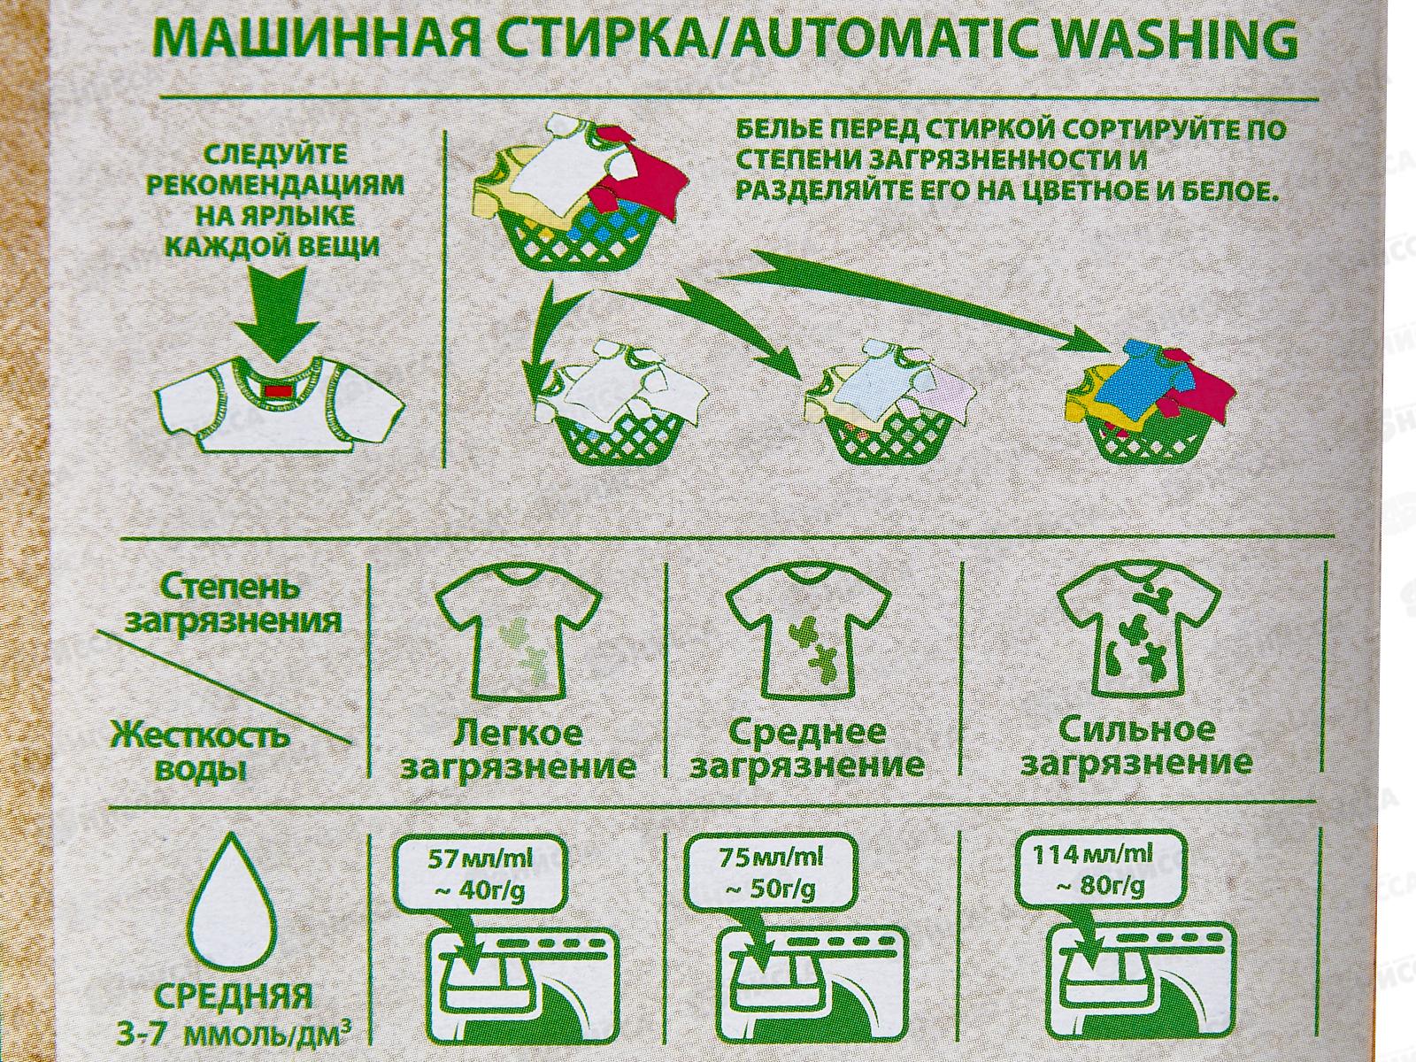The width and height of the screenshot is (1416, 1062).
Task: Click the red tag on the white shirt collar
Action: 278,391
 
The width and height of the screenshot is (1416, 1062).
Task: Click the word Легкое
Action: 518,733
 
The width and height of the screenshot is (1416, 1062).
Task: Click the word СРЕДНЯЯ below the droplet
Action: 233,997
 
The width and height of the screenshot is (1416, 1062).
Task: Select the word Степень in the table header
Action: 221,588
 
